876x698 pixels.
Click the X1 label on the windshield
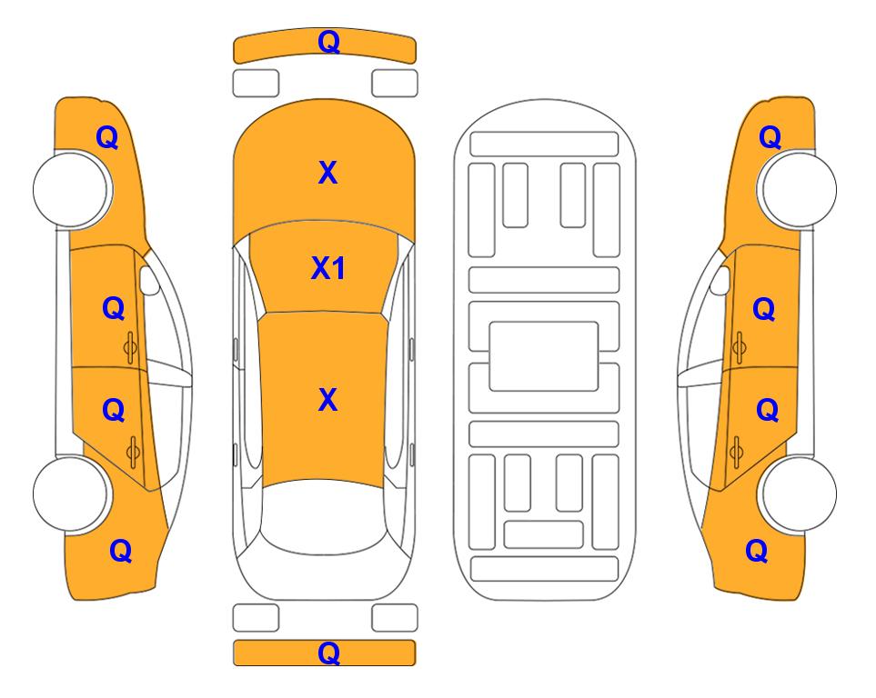click(x=328, y=269)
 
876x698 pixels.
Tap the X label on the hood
click(x=328, y=173)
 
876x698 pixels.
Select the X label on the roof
click(x=328, y=400)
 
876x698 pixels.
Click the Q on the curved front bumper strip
click(x=328, y=42)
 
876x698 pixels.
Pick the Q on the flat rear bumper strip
click(x=328, y=653)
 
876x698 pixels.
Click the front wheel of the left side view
click(x=71, y=189)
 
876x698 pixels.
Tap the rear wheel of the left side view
click(x=71, y=494)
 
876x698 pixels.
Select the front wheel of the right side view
click(x=798, y=189)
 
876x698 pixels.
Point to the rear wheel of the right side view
click(x=798, y=494)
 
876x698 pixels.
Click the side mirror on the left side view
click(x=148, y=280)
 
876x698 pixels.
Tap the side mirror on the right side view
click(x=720, y=280)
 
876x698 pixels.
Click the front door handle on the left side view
click(x=131, y=347)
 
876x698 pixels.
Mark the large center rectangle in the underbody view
click(x=544, y=356)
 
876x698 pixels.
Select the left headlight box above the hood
click(x=256, y=84)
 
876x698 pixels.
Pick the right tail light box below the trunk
click(x=395, y=618)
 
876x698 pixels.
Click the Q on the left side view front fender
click(x=107, y=137)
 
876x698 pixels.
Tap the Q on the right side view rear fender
click(x=757, y=551)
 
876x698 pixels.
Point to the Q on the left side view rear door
click(x=114, y=411)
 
